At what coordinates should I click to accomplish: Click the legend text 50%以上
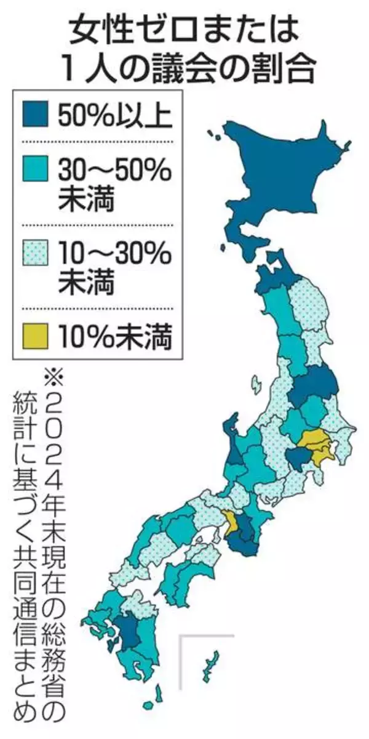click(x=114, y=116)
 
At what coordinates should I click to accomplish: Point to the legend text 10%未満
click(x=114, y=337)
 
